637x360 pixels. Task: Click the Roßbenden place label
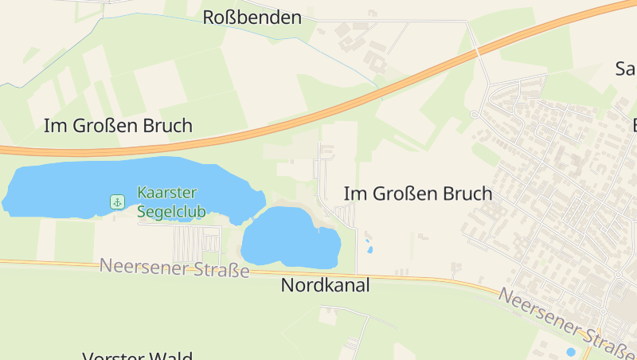pyautogui.click(x=252, y=17)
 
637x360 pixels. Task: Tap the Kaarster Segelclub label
pyautogui.click(x=171, y=202)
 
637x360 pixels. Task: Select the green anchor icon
pyautogui.click(x=118, y=202)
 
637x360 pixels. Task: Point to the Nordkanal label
pyautogui.click(x=326, y=285)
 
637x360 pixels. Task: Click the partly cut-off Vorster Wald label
pyautogui.click(x=138, y=355)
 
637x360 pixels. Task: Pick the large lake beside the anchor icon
pyautogui.click(x=72, y=190)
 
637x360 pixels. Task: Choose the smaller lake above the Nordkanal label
pyautogui.click(x=287, y=239)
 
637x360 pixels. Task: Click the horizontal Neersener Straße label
pyautogui.click(x=174, y=268)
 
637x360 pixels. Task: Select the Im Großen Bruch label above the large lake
pyautogui.click(x=118, y=125)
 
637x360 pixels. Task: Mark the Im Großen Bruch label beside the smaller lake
pyautogui.click(x=418, y=193)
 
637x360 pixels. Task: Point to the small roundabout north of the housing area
pyautogui.click(x=475, y=115)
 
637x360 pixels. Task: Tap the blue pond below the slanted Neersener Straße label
pyautogui.click(x=570, y=351)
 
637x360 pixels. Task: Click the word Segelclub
pyautogui.click(x=171, y=211)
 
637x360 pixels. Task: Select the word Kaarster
pyautogui.click(x=166, y=192)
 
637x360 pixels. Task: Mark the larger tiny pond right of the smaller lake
pyautogui.click(x=370, y=249)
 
